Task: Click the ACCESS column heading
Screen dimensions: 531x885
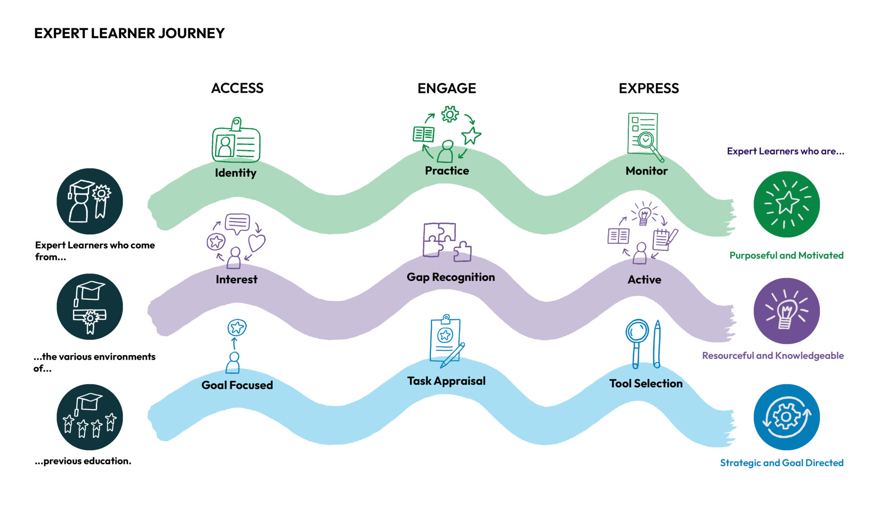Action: coord(237,88)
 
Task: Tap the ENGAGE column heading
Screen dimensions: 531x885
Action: coord(446,88)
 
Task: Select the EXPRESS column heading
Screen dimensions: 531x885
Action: coord(649,88)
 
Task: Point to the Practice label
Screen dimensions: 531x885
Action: coord(447,171)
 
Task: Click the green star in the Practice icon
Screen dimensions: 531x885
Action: coord(471,136)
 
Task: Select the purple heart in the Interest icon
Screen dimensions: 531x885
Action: coord(257,242)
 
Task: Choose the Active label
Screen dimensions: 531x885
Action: coord(644,280)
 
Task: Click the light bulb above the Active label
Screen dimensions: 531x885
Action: coord(644,215)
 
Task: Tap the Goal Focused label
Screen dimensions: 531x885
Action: coord(237,385)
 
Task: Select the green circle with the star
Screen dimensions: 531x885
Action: coord(786,204)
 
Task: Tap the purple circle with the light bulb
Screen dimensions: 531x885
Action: coord(786,311)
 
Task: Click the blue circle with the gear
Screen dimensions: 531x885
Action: coord(786,417)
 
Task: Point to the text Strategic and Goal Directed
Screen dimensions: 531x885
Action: coord(781,463)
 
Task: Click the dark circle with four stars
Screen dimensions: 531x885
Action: coord(89,417)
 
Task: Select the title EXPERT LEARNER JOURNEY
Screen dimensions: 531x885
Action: coord(129,33)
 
